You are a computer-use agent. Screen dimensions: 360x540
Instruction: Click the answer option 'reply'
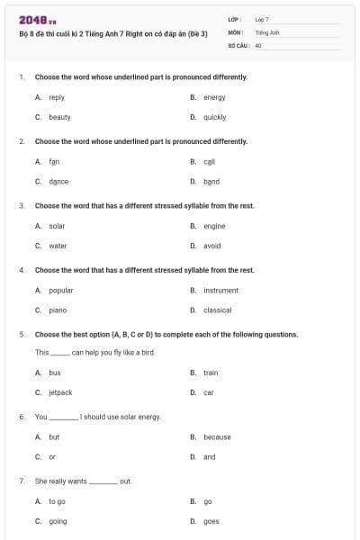(x=57, y=97)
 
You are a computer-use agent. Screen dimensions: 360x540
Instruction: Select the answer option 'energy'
(x=214, y=97)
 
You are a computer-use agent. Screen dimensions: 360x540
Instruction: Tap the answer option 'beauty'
(x=59, y=117)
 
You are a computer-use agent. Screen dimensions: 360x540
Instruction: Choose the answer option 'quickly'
(x=215, y=117)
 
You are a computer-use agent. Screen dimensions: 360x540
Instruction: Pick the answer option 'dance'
(x=58, y=181)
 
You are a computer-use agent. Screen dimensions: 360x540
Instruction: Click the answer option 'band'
(x=211, y=181)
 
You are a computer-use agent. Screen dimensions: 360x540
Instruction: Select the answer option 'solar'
(x=57, y=226)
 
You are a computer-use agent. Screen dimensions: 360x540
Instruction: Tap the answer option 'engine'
(x=214, y=226)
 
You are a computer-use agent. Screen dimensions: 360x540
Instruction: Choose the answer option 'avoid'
(x=212, y=246)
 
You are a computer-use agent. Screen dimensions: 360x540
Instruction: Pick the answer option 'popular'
(x=61, y=291)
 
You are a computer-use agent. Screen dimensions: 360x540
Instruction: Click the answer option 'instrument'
(x=220, y=291)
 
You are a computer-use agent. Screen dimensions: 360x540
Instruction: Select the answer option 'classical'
(x=218, y=310)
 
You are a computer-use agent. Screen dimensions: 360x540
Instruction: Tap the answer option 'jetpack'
(x=60, y=392)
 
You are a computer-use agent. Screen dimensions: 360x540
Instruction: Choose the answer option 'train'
(x=211, y=373)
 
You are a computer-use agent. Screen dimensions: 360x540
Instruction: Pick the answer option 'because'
(x=217, y=437)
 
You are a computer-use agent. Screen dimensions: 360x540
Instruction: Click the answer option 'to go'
(x=57, y=501)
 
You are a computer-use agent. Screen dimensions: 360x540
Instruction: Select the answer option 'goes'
(x=211, y=521)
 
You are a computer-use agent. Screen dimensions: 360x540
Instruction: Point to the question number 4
(x=21, y=270)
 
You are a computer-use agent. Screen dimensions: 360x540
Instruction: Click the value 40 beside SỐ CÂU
(x=258, y=44)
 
